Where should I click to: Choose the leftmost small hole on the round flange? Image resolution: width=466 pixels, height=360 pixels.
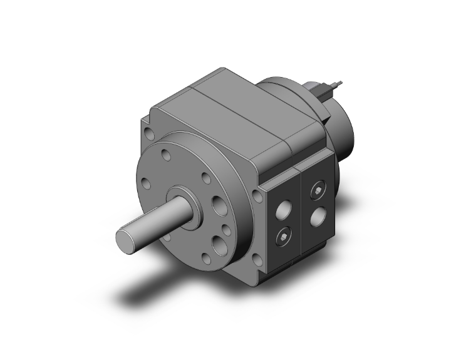click(x=146, y=184)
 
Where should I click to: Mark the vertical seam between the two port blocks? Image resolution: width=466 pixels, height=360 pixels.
click(x=303, y=213)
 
